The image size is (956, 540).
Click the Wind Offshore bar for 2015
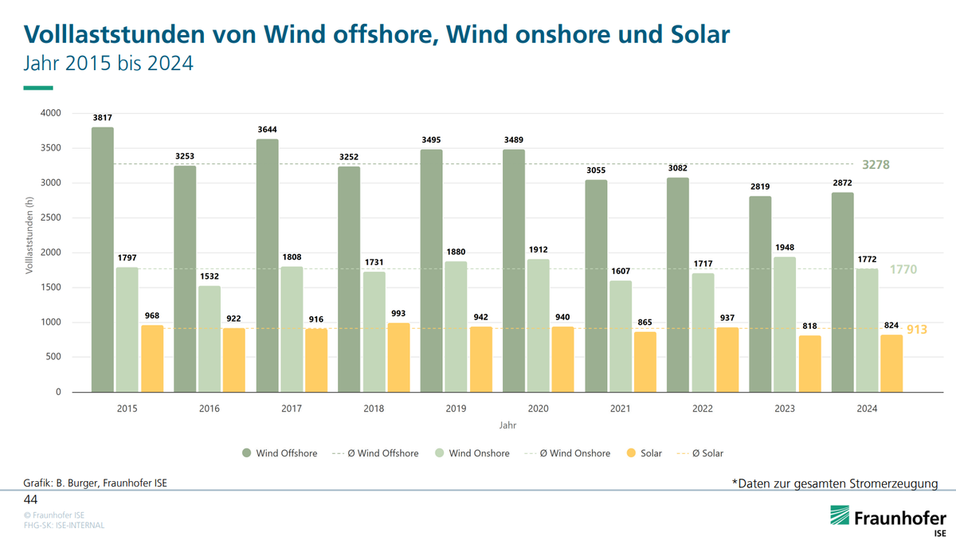[102, 260]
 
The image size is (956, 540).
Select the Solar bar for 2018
[398, 358]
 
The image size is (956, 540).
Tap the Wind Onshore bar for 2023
[785, 324]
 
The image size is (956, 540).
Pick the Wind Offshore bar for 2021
[596, 286]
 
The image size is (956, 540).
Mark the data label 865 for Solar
[646, 323]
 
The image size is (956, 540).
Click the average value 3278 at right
[876, 165]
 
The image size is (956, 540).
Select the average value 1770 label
[903, 270]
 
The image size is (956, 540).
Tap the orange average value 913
[917, 329]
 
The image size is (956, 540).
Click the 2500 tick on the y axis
[49, 217]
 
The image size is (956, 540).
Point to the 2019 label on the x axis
[456, 409]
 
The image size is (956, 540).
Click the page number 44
[30, 499]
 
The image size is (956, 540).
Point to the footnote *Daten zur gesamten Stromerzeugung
[834, 483]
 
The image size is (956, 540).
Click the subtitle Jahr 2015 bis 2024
[108, 63]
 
